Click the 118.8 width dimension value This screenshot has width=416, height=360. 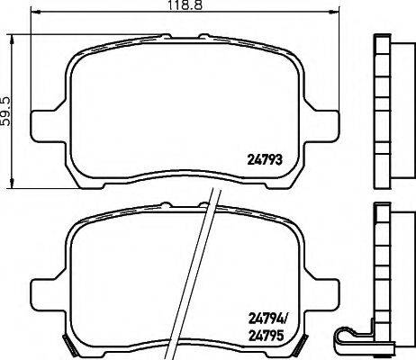pyautogui.click(x=185, y=4)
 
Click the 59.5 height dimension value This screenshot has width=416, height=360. pyautogui.click(x=6, y=111)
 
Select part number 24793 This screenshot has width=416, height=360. pyautogui.click(x=265, y=160)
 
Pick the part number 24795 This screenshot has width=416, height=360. pyautogui.click(x=266, y=336)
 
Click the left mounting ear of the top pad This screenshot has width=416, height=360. pyautogui.click(x=48, y=126)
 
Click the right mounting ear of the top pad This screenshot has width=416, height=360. pyautogui.click(x=322, y=126)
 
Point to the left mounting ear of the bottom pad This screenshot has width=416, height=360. pyautogui.click(x=48, y=294)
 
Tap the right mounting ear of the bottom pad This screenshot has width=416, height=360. pyautogui.click(x=322, y=294)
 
